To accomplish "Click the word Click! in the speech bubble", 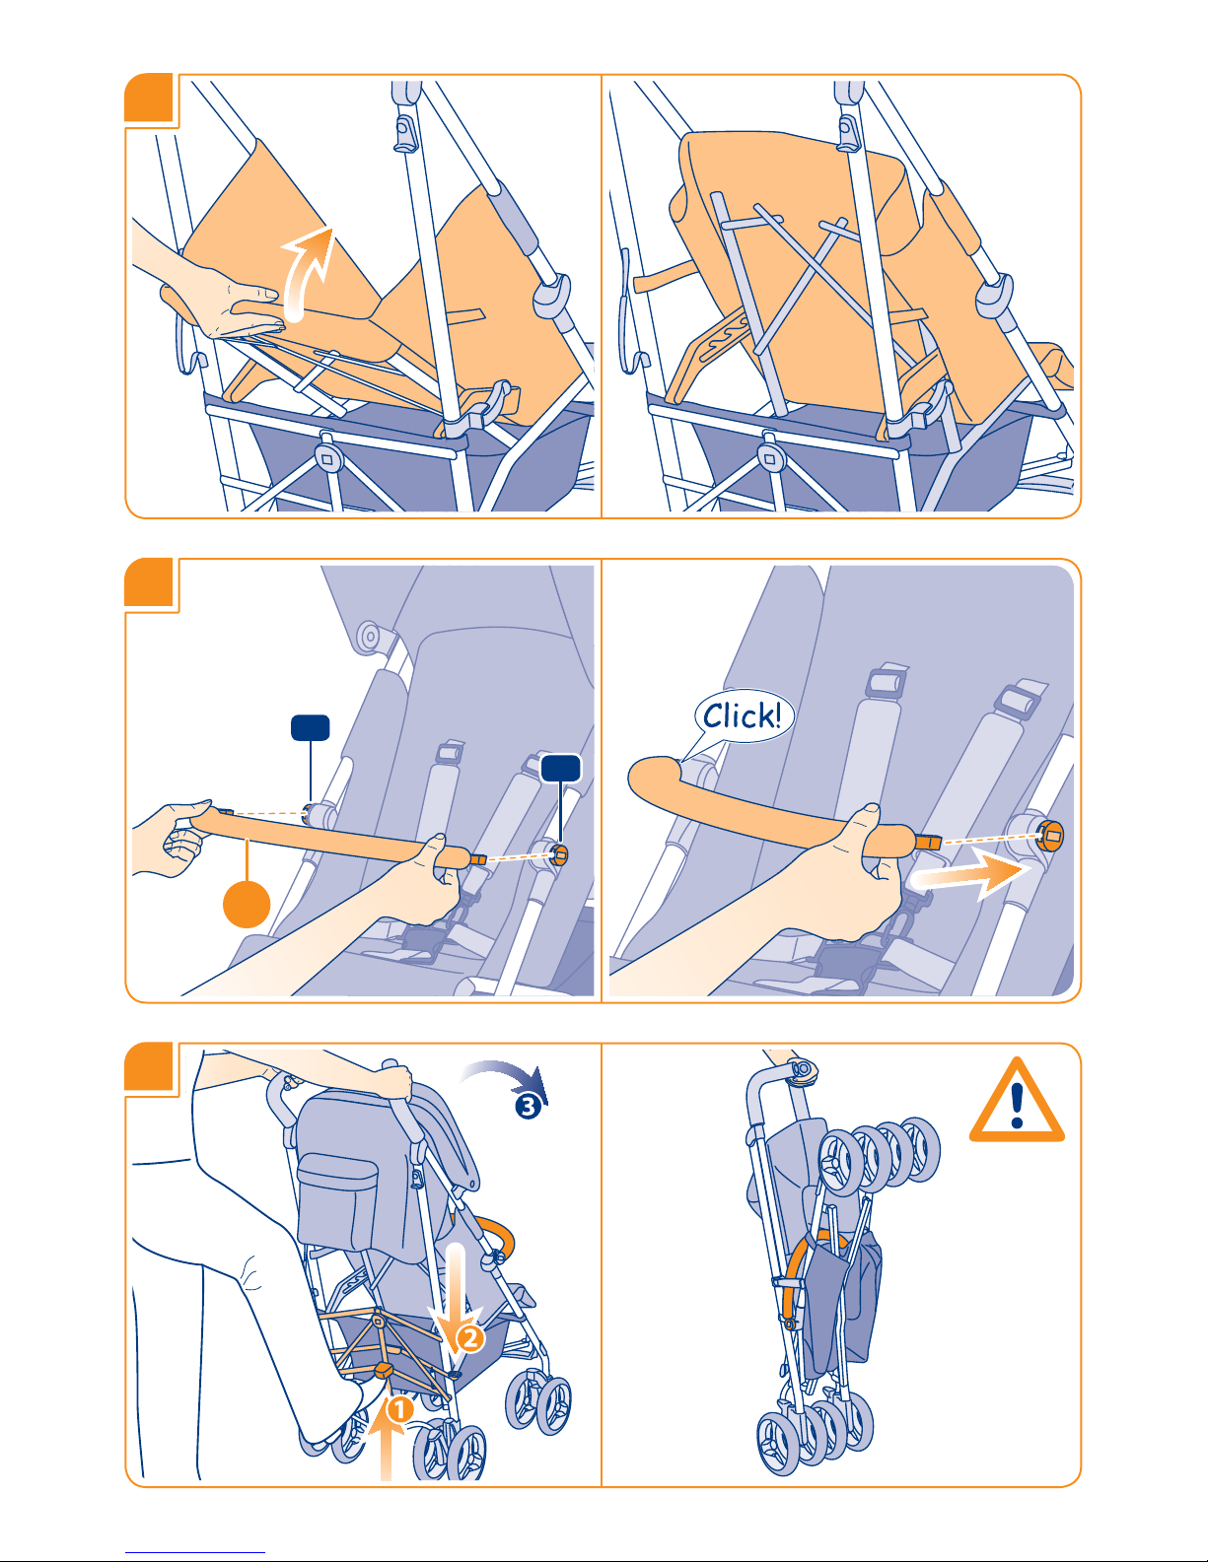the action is [x=742, y=715].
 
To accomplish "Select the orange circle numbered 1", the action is [x=399, y=1409].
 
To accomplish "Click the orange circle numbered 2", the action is [x=469, y=1338].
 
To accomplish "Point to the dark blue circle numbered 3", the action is [x=528, y=1106].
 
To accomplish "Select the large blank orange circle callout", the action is [x=247, y=905].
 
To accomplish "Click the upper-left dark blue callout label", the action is [x=310, y=727].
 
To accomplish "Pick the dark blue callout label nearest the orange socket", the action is [x=561, y=768].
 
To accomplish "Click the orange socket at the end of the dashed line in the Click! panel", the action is [x=1050, y=836].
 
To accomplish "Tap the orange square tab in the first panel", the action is [x=149, y=98].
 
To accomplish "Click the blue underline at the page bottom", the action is [x=195, y=1553].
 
